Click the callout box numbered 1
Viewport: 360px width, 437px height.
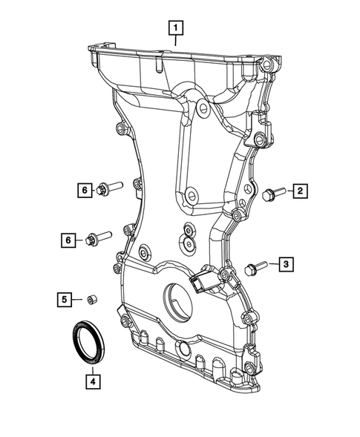pos(176,29)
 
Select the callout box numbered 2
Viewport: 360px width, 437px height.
pos(301,192)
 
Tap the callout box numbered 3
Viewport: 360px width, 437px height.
pos(286,263)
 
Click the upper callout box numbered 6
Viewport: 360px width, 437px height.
pos(85,191)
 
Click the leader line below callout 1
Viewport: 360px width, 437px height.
pos(176,42)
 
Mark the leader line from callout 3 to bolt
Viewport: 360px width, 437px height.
pos(271,264)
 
